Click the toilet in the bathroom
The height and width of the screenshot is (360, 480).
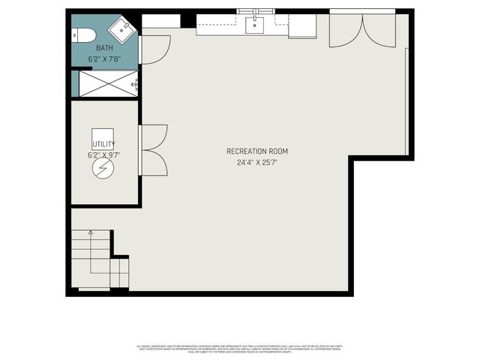tap(82, 35)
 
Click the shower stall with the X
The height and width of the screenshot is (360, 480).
tap(104, 84)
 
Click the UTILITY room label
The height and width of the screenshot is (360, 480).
tap(103, 144)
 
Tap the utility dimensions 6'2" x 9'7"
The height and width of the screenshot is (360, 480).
tap(103, 155)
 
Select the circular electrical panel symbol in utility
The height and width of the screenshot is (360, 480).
tap(100, 170)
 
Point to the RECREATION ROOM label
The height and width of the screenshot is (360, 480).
tap(257, 151)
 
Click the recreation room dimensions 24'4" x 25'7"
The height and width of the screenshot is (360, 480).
tap(257, 162)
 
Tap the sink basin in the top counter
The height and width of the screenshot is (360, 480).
tap(255, 25)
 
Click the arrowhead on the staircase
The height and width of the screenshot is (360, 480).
tap(91, 233)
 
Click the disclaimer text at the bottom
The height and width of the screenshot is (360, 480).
tap(240, 349)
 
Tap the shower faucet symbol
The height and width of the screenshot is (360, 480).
tap(135, 84)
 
